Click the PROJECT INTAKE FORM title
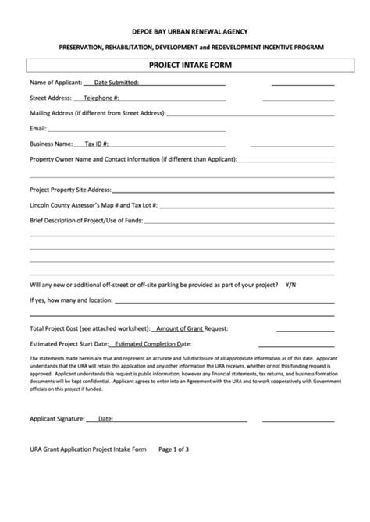coord(185,66)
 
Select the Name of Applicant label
coord(55,82)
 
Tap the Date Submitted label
coord(116,82)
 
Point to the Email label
coord(38,128)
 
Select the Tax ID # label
coord(96,144)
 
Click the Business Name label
coord(51,144)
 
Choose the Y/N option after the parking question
coord(291,284)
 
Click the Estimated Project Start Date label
coord(69,343)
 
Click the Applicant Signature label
coord(56,419)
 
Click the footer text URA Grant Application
coord(63,449)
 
